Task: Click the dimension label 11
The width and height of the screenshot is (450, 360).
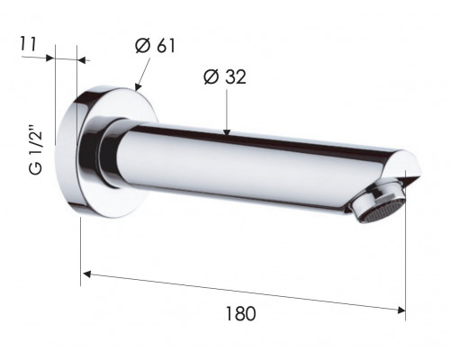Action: pyautogui.click(x=28, y=44)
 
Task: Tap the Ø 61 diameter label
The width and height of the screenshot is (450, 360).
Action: pyautogui.click(x=155, y=46)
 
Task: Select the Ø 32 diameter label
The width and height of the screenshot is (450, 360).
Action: pyautogui.click(x=225, y=76)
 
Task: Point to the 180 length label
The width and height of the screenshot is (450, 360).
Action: pyautogui.click(x=240, y=313)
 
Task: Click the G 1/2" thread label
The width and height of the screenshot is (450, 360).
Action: pyautogui.click(x=36, y=152)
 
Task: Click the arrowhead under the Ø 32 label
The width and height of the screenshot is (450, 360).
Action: pyautogui.click(x=227, y=132)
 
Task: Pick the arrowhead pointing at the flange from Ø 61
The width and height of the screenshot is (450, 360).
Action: pyautogui.click(x=138, y=86)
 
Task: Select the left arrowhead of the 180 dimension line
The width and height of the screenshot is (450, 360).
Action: pyautogui.click(x=86, y=274)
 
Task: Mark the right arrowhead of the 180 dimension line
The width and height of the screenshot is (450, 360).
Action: pyautogui.click(x=401, y=310)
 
